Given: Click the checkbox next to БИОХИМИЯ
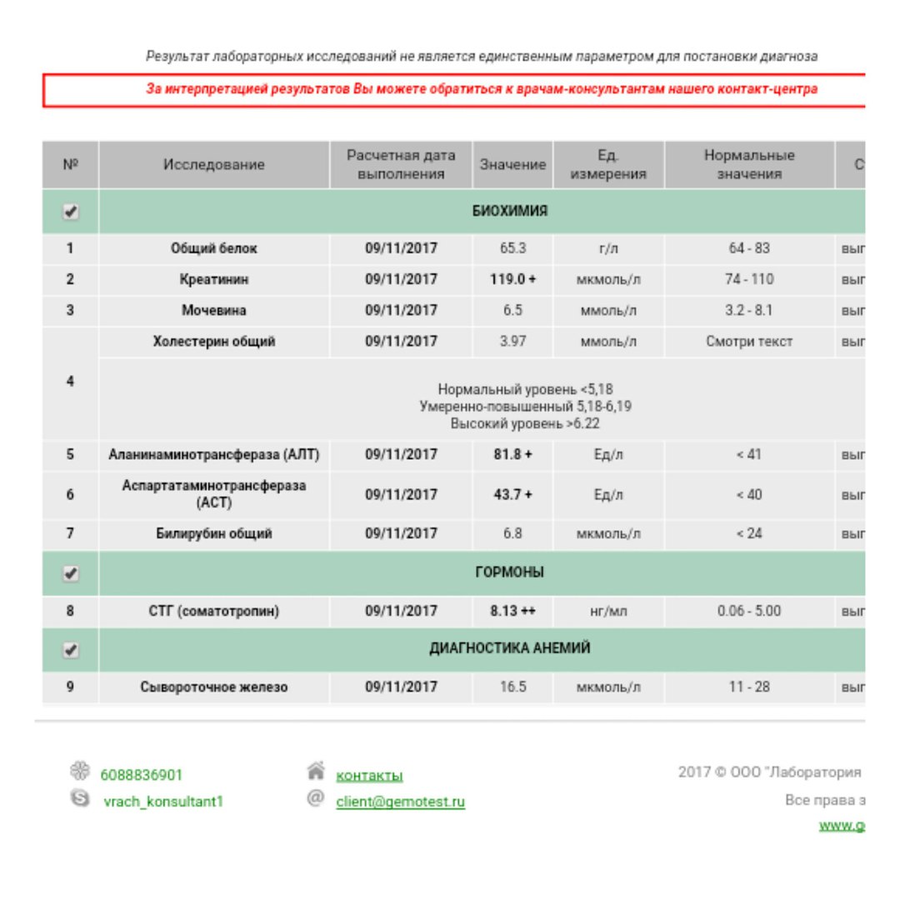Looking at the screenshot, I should click(71, 212).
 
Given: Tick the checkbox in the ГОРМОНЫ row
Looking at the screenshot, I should click(71, 573).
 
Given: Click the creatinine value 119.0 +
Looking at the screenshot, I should click(512, 279).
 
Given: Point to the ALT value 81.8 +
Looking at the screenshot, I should click(512, 455).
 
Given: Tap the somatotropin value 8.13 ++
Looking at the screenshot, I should click(512, 611).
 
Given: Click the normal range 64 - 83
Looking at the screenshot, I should click(748, 248).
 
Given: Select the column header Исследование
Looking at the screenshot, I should click(214, 165).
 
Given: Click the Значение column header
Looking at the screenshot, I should click(512, 165).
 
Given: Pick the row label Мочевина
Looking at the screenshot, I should click(214, 310).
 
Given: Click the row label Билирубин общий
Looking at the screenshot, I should click(214, 533).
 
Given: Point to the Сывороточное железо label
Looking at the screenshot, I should click(214, 687).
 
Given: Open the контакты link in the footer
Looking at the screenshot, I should click(369, 776).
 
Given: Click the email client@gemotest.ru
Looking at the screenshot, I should click(400, 802).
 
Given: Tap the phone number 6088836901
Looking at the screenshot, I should click(141, 775).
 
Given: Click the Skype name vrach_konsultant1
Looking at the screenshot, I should click(162, 802).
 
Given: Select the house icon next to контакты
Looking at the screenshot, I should click(316, 772).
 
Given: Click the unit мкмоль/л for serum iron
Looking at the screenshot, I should click(608, 687).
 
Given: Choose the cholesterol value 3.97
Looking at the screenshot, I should click(512, 341).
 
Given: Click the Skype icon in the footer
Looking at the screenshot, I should click(80, 798).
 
